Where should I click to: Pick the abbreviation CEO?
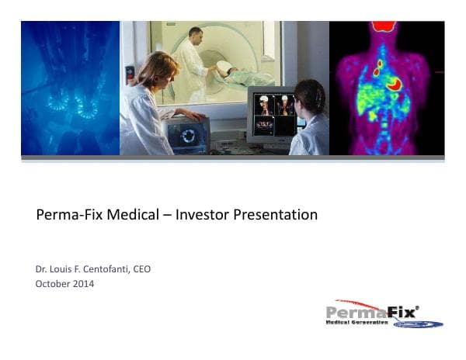coord(141,269)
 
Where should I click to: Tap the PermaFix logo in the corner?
coord(384,313)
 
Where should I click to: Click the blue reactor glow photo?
coord(71,88)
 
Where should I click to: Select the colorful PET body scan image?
coord(386,88)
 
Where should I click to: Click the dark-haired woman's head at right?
coord(310,97)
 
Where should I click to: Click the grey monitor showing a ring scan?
coord(187,136)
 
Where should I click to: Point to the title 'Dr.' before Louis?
coord(41,269)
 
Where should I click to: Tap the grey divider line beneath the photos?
coord(233,159)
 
